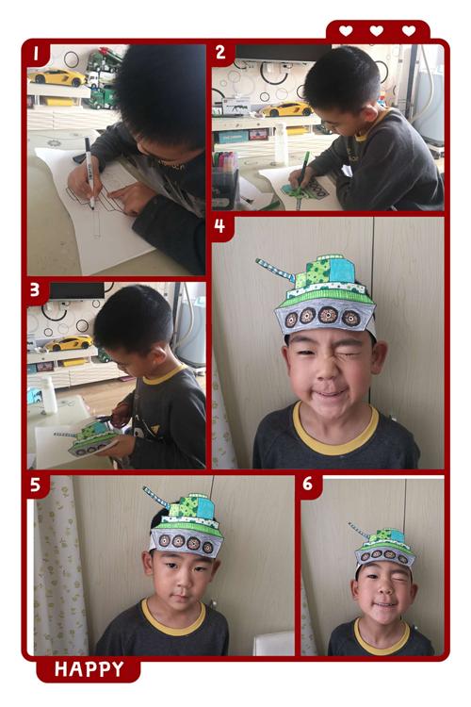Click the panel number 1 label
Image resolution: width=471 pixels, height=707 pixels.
tap(36, 54)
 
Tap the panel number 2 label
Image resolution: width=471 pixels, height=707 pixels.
tap(220, 53)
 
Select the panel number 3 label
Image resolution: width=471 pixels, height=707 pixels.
tap(35, 290)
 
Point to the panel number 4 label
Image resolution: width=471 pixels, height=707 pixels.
tap(219, 226)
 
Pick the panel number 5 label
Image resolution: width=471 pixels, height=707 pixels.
tap(35, 485)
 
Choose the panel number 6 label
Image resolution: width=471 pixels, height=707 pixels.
tap(307, 484)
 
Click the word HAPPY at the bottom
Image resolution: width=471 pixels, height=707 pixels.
tap(89, 669)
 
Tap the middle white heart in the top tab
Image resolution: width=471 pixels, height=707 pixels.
tap(377, 31)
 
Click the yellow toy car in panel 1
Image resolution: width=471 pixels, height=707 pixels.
tap(57, 77)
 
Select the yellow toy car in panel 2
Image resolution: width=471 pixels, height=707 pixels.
tap(285, 109)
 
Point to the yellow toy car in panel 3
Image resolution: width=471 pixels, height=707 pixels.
tap(69, 343)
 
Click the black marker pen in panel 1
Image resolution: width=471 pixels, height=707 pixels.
tap(89, 173)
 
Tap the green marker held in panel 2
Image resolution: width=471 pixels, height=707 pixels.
tap(302, 177)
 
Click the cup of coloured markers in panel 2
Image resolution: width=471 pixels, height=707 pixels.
tap(225, 181)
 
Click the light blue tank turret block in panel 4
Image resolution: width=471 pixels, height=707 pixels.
tap(341, 270)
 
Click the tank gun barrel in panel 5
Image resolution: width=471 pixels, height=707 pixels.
tap(156, 498)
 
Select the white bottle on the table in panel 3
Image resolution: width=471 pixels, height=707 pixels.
tap(49, 395)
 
